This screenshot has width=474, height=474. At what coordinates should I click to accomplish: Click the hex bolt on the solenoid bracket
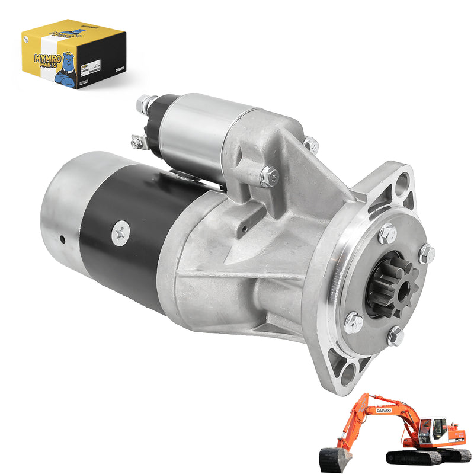pyautogui.click(x=269, y=176)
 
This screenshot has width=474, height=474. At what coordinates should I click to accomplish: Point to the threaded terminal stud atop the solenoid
pyautogui.click(x=145, y=104)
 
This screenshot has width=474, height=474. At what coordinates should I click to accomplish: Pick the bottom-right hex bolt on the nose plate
pyautogui.click(x=395, y=337)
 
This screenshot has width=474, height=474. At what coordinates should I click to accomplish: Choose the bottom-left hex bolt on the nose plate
pyautogui.click(x=354, y=323)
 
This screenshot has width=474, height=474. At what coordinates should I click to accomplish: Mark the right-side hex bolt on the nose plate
pyautogui.click(x=426, y=254)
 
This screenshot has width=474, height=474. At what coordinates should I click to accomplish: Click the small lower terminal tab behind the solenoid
pyautogui.click(x=138, y=142)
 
